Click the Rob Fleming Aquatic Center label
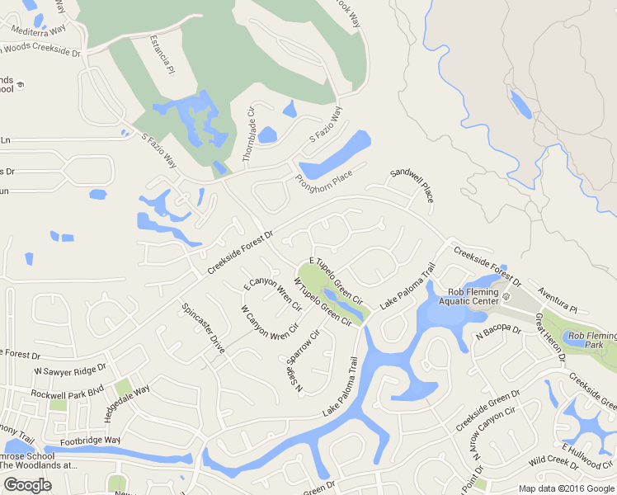pos(474,296)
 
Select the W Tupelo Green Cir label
pos(318,303)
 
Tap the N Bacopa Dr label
pos(498,334)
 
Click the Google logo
pos(27,484)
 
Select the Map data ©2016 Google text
pos(566,488)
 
